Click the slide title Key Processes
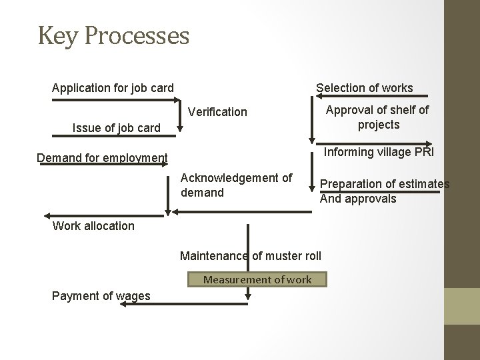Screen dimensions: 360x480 (x=113, y=36)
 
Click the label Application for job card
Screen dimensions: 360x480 (x=113, y=88)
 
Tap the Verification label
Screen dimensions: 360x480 (x=217, y=112)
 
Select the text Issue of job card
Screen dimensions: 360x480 (x=116, y=127)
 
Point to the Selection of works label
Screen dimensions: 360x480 (x=364, y=88)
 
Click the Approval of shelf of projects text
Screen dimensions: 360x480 (x=378, y=117)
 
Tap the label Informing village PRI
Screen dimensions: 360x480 (x=378, y=152)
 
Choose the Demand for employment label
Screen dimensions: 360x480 (x=102, y=158)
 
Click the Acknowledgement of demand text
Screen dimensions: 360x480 (x=236, y=185)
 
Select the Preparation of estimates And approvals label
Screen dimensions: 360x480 (x=385, y=191)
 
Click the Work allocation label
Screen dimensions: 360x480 (x=93, y=225)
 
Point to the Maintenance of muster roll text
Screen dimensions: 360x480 (x=251, y=256)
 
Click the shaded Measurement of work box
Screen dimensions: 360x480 (x=257, y=279)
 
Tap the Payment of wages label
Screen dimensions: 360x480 (x=101, y=296)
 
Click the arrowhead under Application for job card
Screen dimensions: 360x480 (x=176, y=101)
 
